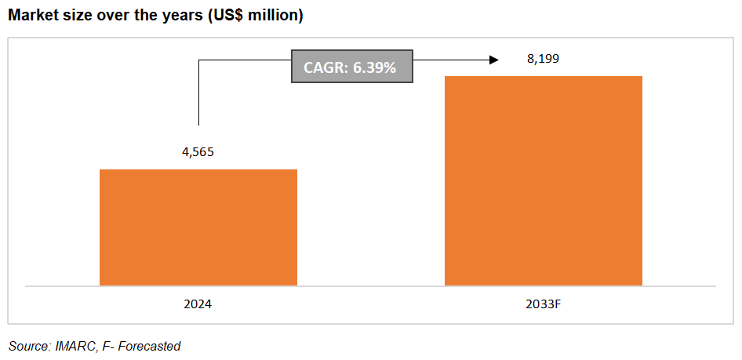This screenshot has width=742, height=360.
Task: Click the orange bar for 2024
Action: tap(198, 227)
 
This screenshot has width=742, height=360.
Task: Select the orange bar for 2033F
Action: tap(544, 180)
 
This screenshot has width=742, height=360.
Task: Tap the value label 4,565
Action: tap(198, 151)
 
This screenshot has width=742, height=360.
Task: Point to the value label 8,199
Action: tap(543, 59)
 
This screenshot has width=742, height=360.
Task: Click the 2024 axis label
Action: tap(198, 304)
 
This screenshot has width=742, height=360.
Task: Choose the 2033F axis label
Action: tap(543, 304)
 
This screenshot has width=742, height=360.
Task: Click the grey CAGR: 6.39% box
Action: tap(352, 67)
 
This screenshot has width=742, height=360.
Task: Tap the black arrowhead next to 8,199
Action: tap(493, 60)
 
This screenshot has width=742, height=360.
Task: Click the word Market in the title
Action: tap(34, 16)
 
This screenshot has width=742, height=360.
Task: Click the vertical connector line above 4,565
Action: tap(198, 94)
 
